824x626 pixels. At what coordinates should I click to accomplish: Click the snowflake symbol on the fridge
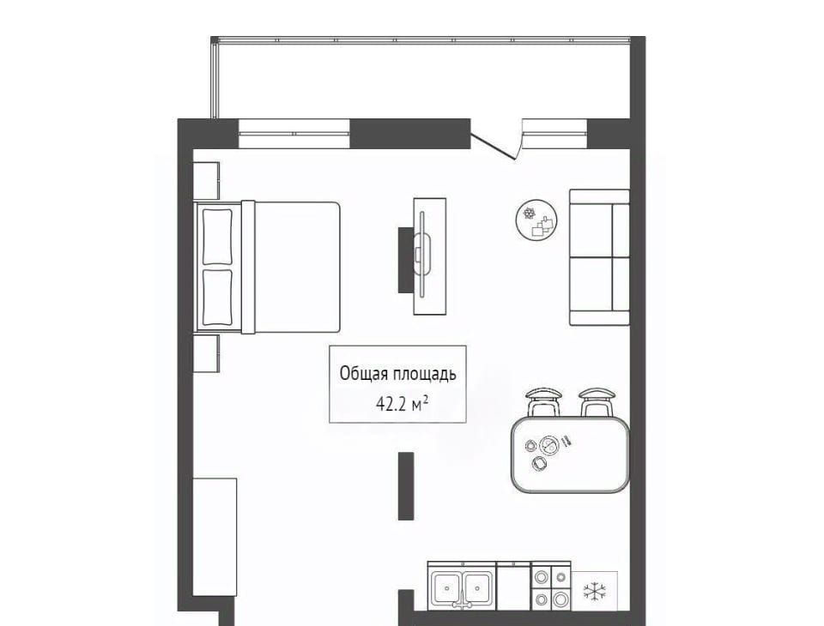(x=595, y=592)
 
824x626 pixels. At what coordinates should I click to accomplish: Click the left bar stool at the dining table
(x=544, y=402)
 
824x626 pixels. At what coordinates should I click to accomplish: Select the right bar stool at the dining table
(x=597, y=402)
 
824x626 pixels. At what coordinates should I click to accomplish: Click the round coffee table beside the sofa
(x=536, y=220)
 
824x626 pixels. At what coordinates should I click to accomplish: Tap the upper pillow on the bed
(x=217, y=237)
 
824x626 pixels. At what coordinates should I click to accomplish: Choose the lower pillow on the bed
(x=217, y=298)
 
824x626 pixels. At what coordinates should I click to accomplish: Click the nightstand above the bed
(x=206, y=181)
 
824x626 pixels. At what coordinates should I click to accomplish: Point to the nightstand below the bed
(x=206, y=353)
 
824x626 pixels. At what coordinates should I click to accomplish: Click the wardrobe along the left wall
(x=215, y=537)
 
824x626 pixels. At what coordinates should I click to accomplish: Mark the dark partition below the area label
(x=406, y=485)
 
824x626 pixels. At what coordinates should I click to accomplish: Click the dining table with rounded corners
(x=570, y=454)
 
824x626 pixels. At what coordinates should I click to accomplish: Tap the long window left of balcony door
(x=294, y=134)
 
